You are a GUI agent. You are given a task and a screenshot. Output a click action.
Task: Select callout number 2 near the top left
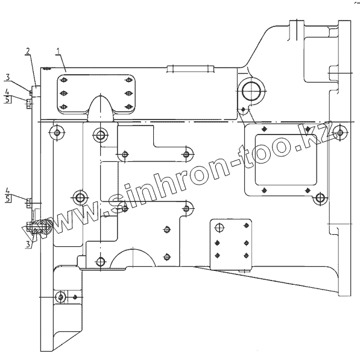28,51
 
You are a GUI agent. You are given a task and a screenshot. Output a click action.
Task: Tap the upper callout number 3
8,77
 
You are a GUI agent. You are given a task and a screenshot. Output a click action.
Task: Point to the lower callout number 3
28,244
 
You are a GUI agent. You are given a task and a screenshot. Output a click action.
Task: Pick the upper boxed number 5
8,100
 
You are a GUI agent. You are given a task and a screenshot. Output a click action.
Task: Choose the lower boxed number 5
8,198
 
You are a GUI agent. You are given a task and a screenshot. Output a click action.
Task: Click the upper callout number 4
7,92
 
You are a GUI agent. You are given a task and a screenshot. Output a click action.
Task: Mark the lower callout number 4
8,191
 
